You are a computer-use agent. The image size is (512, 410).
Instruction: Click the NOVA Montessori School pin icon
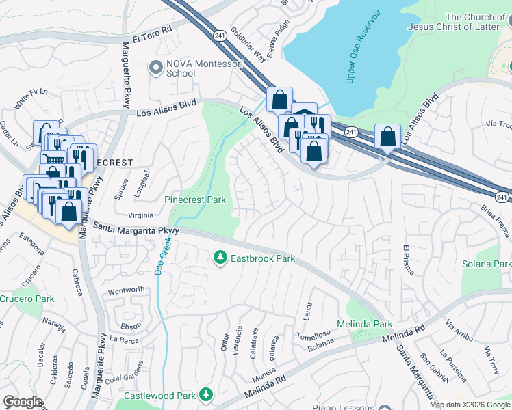point(156,68)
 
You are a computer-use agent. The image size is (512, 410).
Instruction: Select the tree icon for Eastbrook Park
point(220,258)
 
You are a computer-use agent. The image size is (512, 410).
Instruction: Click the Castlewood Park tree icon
point(205,395)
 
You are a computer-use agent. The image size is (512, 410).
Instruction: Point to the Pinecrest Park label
point(195,200)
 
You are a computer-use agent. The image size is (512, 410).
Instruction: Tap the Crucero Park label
point(27,299)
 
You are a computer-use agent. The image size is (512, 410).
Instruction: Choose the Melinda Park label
point(365,323)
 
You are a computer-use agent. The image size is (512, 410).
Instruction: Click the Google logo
point(23,401)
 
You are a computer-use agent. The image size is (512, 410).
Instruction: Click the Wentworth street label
point(127,290)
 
